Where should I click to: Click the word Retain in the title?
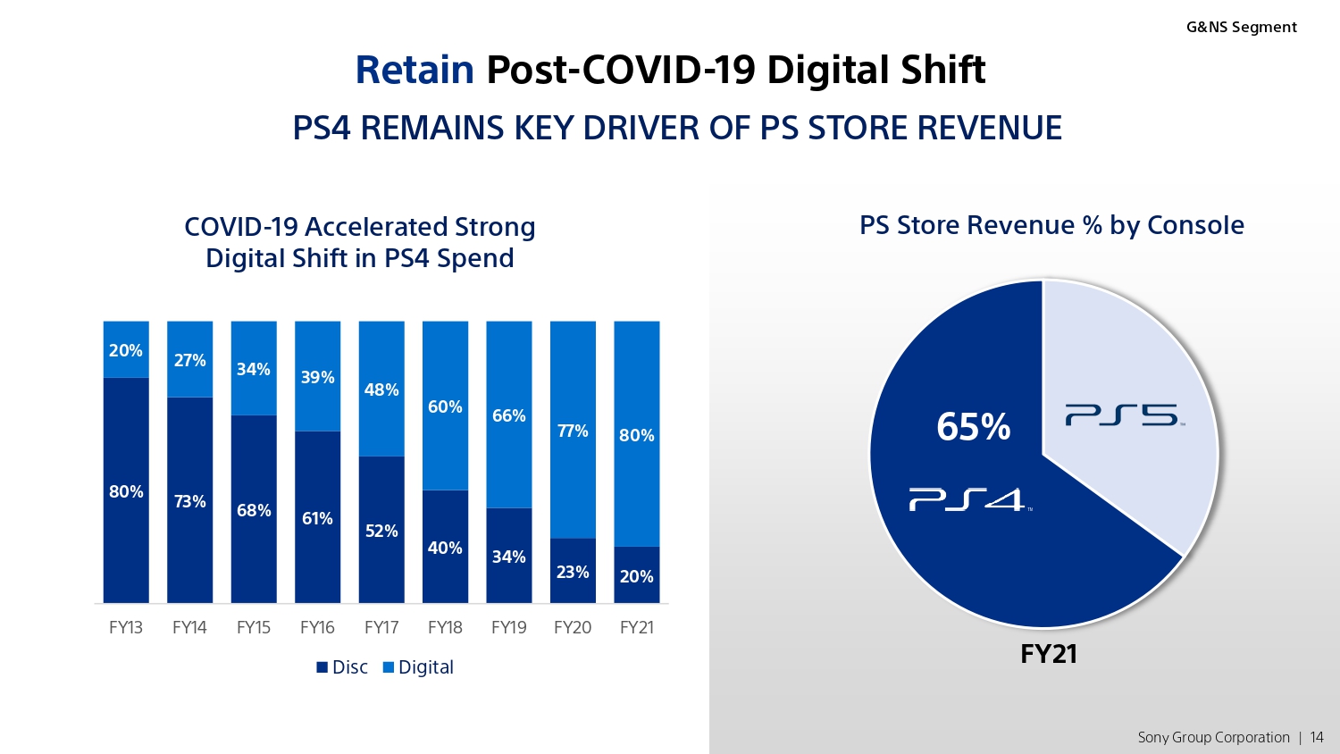coord(415,70)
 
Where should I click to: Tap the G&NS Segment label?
coord(1242,27)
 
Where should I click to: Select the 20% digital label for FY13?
coord(126,350)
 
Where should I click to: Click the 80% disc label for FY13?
coord(126,491)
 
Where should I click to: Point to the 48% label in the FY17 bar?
coord(381,390)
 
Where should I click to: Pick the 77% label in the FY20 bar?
coord(573,431)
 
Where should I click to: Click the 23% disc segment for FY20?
coord(573,570)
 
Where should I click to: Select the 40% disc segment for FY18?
coord(445,547)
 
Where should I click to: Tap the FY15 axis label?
coord(254,627)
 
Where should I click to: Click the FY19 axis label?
coord(508,627)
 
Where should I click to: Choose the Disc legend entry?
coord(342,666)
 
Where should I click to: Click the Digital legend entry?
coord(418,666)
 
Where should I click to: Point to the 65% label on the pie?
coord(974,427)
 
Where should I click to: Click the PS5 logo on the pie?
coord(1125,415)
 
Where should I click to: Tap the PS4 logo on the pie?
coord(970,499)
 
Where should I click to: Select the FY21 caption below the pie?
coord(1048,653)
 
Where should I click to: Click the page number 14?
coord(1316,737)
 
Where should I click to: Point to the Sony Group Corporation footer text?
coord(1213,737)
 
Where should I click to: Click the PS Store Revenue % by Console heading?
coord(1051,226)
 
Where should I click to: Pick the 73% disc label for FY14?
coord(189,501)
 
